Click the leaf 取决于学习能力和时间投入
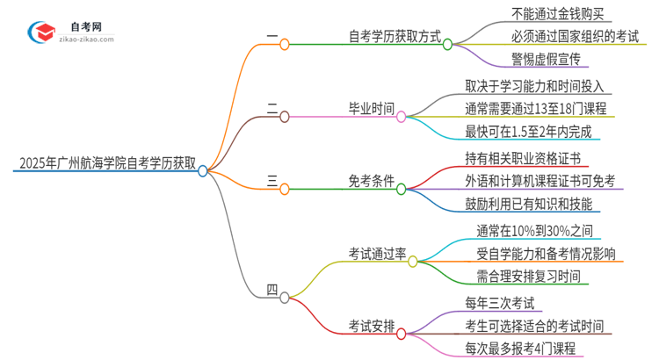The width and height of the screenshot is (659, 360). [539, 86]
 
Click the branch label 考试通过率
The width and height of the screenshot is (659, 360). [377, 254]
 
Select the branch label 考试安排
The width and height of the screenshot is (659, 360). [370, 327]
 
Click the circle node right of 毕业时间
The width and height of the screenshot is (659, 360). [402, 116]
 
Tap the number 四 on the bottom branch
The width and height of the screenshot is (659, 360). [272, 290]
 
